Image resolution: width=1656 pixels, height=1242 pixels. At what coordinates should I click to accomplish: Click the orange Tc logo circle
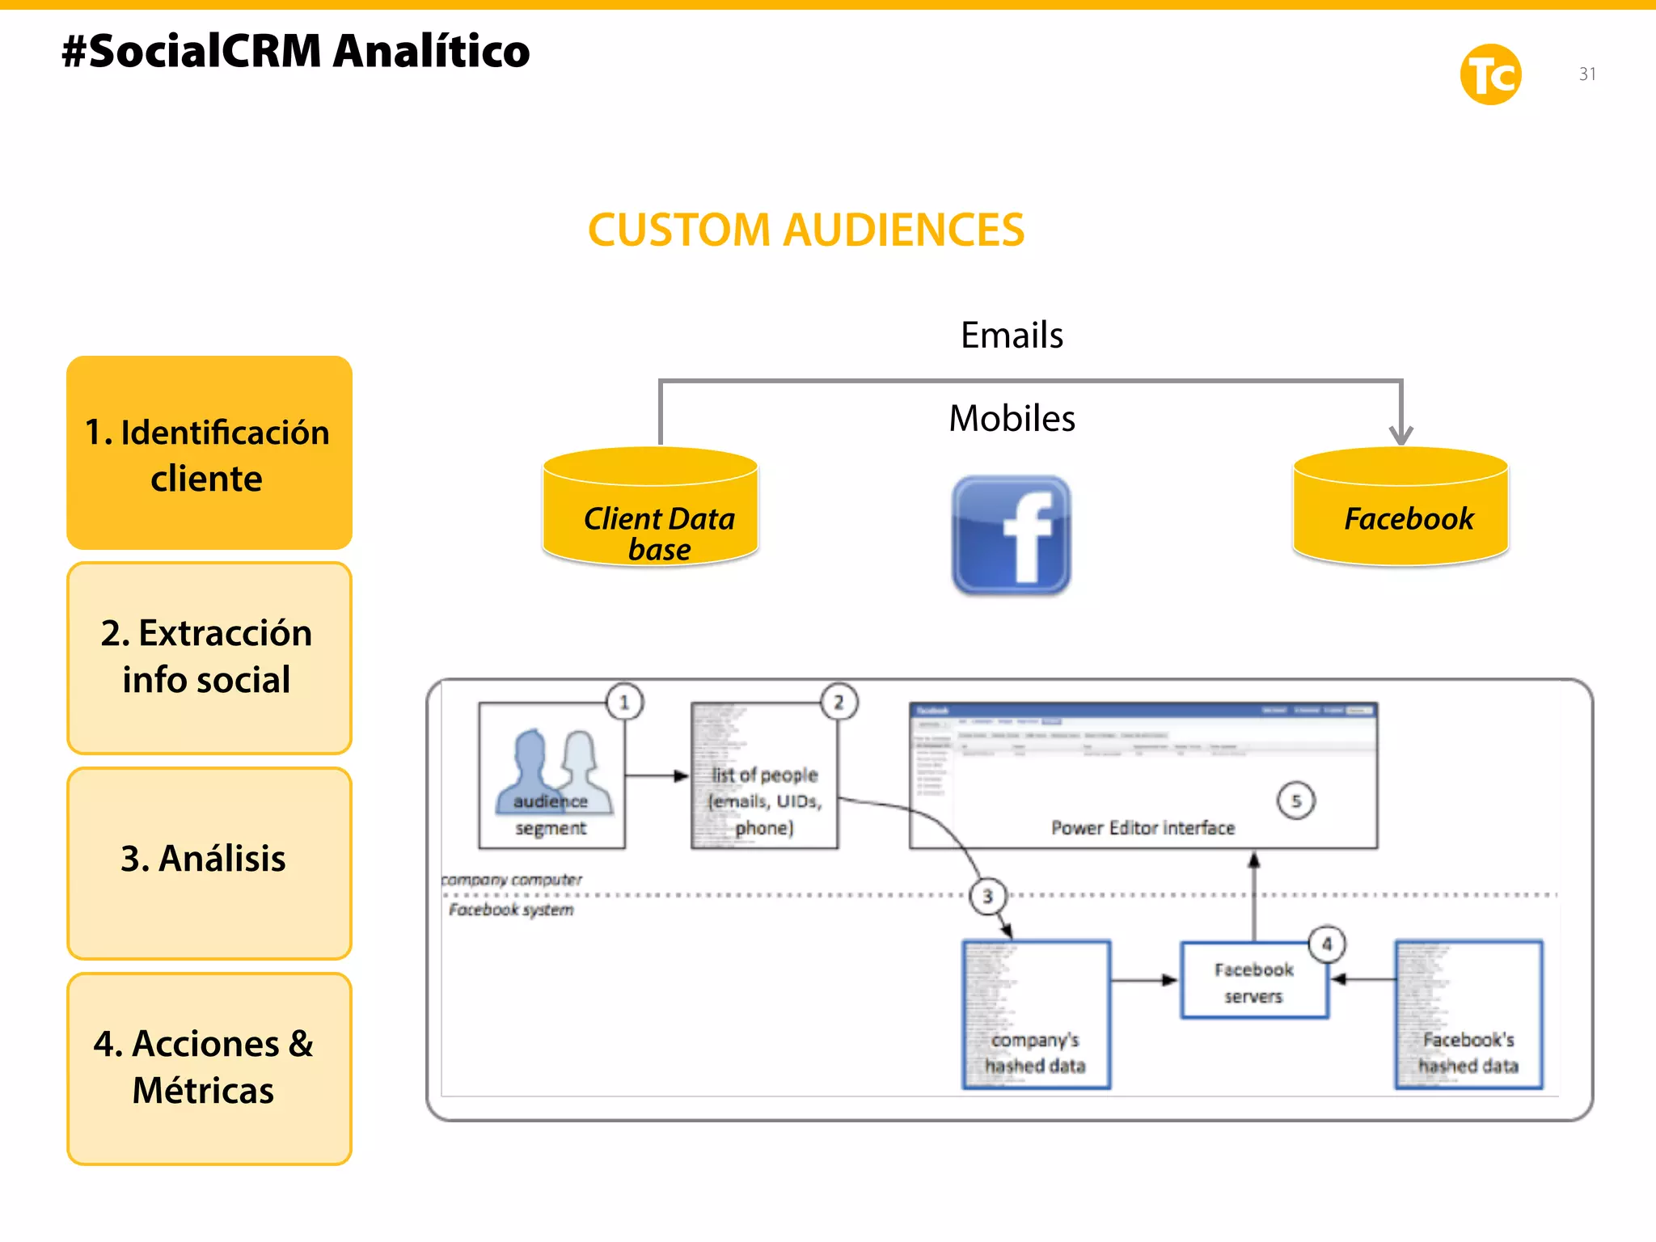1490,74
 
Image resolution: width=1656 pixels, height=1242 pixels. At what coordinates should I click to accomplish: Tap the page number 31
1587,74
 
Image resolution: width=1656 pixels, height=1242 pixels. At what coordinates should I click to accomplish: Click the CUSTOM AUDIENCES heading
805,230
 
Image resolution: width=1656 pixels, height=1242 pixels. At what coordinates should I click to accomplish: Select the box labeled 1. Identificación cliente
209,454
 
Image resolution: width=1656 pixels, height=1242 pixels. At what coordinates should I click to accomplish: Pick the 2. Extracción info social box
209,657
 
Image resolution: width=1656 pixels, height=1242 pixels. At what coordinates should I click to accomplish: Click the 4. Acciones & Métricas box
209,1067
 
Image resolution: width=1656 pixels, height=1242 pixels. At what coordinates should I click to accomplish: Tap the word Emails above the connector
1012,335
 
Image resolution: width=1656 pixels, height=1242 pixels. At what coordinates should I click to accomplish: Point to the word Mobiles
1012,419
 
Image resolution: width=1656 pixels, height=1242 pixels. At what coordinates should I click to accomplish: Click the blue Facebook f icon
1012,535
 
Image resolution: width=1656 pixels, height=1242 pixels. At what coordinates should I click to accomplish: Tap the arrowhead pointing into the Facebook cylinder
1400,435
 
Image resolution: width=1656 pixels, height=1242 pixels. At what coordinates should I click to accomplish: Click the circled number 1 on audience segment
624,702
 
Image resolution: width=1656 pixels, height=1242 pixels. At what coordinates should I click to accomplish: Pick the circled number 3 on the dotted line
987,896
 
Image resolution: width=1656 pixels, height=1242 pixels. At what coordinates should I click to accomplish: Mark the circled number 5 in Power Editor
1295,801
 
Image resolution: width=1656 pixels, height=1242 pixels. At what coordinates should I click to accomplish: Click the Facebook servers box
1253,981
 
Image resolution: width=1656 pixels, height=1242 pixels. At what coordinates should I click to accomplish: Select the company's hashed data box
1036,1015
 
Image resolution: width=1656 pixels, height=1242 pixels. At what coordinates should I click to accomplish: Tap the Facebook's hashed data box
1468,1015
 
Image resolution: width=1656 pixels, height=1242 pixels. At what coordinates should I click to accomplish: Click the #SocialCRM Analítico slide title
296,52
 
